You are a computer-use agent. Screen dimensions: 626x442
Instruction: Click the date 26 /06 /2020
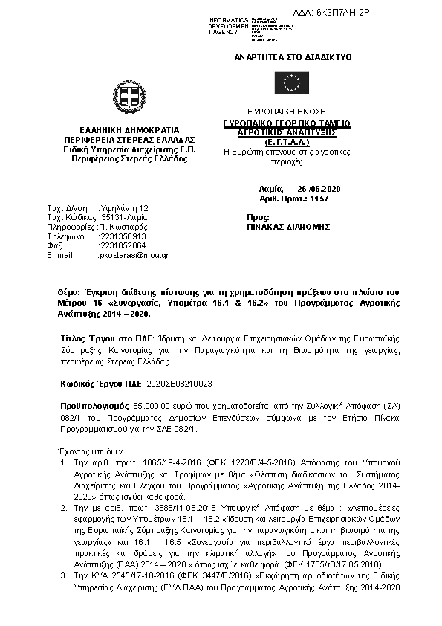click(x=312, y=190)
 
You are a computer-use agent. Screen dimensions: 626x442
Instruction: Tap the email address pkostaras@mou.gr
click(x=134, y=255)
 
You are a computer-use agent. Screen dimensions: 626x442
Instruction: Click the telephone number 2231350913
click(x=123, y=236)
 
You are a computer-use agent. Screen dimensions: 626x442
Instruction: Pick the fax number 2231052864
click(x=123, y=245)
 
